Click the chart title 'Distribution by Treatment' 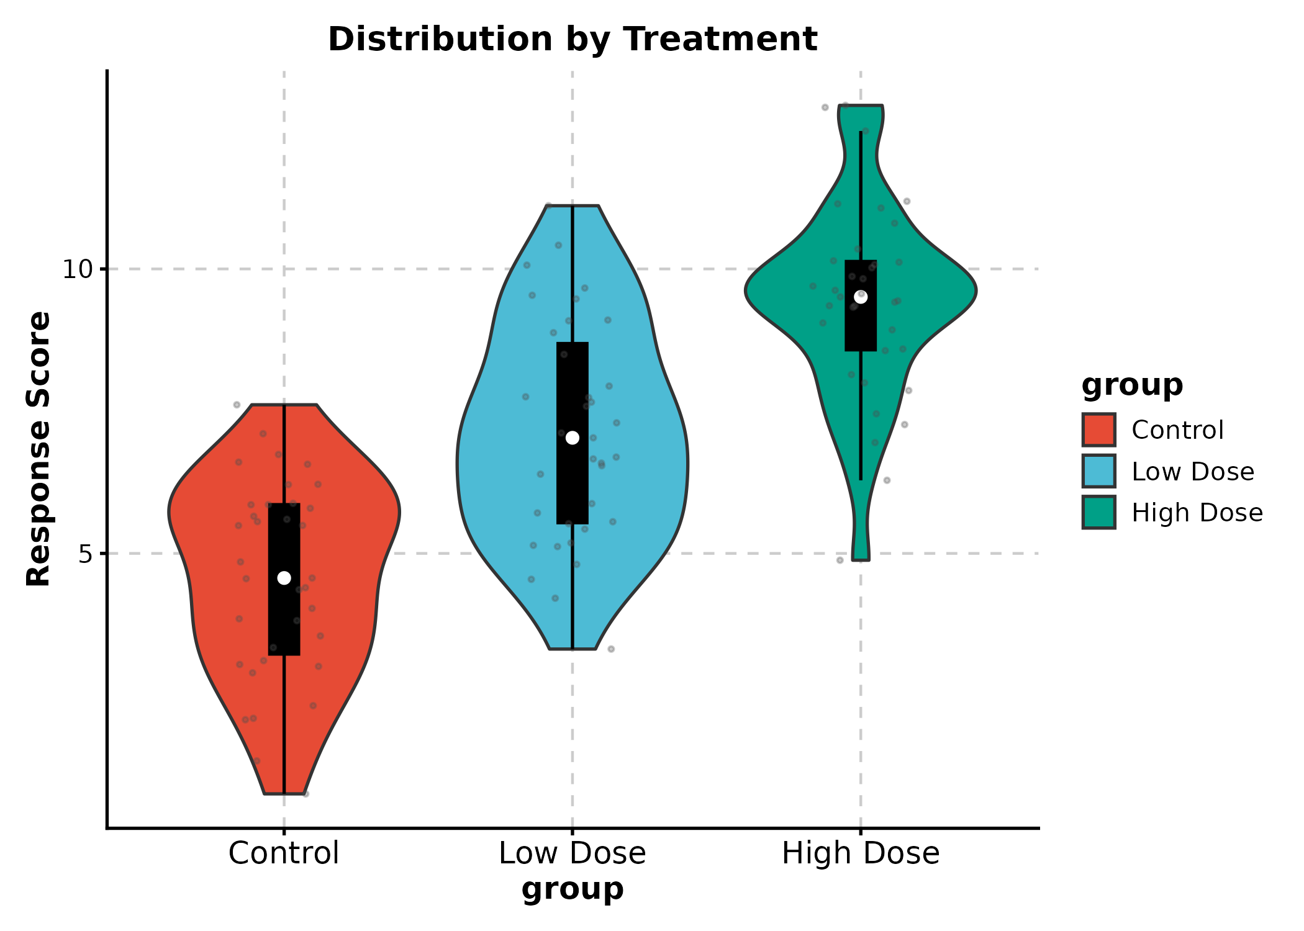573,39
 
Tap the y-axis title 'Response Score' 38,449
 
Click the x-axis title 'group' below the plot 573,889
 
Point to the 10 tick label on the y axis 76,269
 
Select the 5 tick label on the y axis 85,554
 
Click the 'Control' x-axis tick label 284,853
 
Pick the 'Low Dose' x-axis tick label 573,853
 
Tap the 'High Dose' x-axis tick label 861,853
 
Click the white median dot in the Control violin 284,578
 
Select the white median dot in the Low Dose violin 573,438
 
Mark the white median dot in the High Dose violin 861,297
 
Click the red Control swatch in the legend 1098,430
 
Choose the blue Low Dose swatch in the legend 1098,471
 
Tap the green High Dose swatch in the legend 1098,512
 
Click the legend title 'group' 1132,385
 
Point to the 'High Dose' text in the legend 1197,513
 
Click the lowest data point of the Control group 306,794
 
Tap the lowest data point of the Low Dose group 611,649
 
